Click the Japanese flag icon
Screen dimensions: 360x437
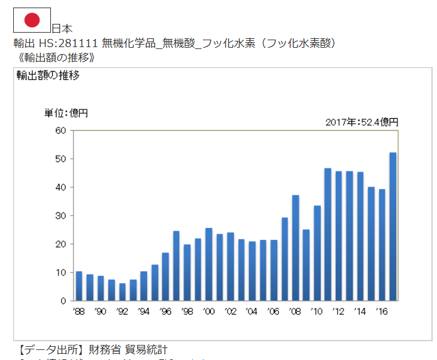[x=32, y=21]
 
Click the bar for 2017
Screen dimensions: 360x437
[x=393, y=226]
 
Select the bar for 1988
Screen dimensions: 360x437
[x=79, y=286]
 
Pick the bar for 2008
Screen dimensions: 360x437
[x=296, y=248]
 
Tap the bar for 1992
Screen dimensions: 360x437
[x=122, y=292]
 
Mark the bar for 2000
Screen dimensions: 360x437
[x=209, y=264]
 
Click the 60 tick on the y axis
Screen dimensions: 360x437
[x=60, y=131]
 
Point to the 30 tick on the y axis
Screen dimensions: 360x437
[x=60, y=215]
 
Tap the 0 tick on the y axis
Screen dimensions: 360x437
[x=63, y=301]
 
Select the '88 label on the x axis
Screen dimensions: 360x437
[x=79, y=311]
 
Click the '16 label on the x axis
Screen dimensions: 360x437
[x=382, y=311]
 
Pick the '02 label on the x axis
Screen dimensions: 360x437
[x=230, y=311]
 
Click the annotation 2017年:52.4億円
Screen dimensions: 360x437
[x=362, y=121]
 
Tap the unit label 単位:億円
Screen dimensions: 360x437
[x=66, y=113]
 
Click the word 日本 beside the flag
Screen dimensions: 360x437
[x=62, y=28]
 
